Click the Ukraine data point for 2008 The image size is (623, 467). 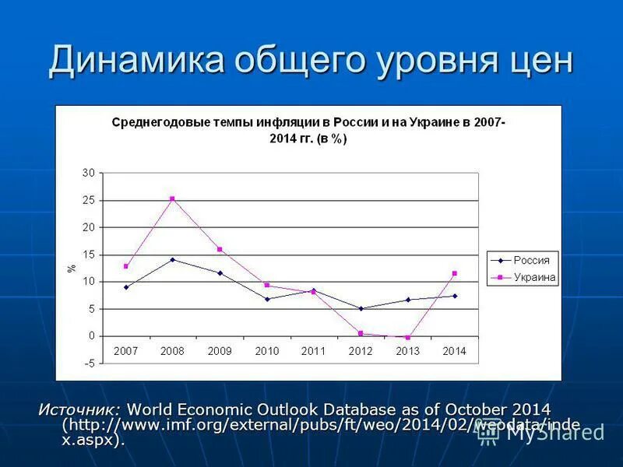click(172, 198)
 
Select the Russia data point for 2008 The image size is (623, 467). click(172, 259)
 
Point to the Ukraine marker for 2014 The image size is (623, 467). click(454, 273)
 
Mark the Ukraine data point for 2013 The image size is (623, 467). click(407, 338)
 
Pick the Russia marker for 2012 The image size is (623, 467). click(361, 308)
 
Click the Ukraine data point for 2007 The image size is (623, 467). click(125, 266)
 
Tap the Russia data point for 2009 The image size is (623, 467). click(220, 273)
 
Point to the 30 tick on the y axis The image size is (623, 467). click(89, 173)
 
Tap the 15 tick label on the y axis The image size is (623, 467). click(89, 255)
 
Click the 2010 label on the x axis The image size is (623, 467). click(266, 351)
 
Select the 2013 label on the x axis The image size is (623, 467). click(407, 351)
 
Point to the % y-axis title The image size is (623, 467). click(72, 268)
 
